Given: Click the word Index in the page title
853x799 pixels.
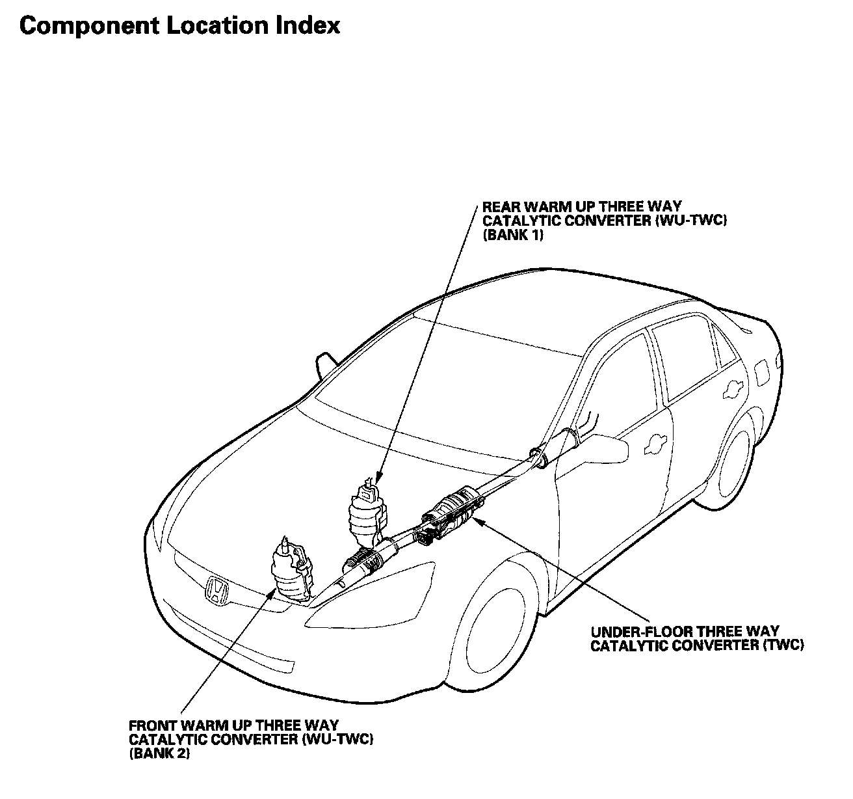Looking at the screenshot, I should click(x=308, y=25).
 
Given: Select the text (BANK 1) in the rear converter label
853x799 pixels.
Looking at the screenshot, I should click(x=512, y=236).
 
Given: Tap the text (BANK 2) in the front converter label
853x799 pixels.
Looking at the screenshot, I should click(x=159, y=754).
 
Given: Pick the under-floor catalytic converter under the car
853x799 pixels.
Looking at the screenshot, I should click(x=454, y=508).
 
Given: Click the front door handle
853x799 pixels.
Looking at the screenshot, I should click(x=653, y=444).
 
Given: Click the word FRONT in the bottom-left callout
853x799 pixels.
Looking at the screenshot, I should click(x=150, y=725).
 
